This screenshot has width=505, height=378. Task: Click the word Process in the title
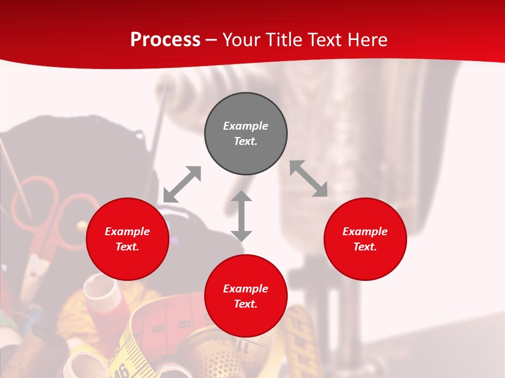pyautogui.click(x=165, y=40)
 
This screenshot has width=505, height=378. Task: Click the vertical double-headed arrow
pyautogui.click(x=241, y=216)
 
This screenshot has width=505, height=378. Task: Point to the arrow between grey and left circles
pyautogui.click(x=182, y=184)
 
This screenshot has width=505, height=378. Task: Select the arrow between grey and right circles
pyautogui.click(x=309, y=178)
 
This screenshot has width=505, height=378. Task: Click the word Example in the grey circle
pyautogui.click(x=246, y=126)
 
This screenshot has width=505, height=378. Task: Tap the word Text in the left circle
pyautogui.click(x=127, y=247)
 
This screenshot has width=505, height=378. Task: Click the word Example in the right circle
pyautogui.click(x=365, y=232)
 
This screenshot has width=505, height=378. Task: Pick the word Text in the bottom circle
pyautogui.click(x=246, y=304)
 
